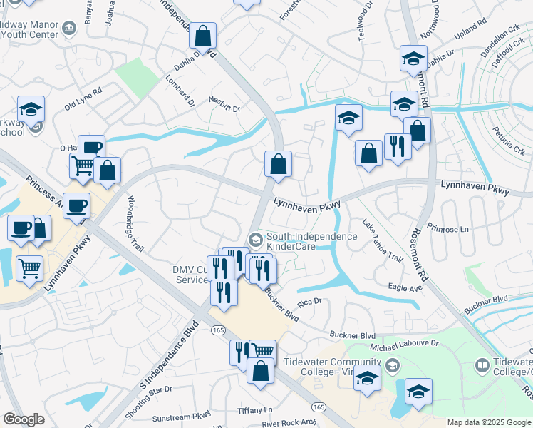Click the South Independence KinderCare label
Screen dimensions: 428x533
click(x=311, y=241)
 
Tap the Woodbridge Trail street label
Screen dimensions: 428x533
click(x=135, y=224)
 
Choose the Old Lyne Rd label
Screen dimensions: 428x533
click(x=83, y=98)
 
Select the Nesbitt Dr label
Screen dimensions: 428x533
click(x=224, y=104)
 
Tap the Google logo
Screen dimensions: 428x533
click(x=24, y=419)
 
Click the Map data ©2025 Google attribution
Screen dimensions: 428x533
click(x=489, y=422)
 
